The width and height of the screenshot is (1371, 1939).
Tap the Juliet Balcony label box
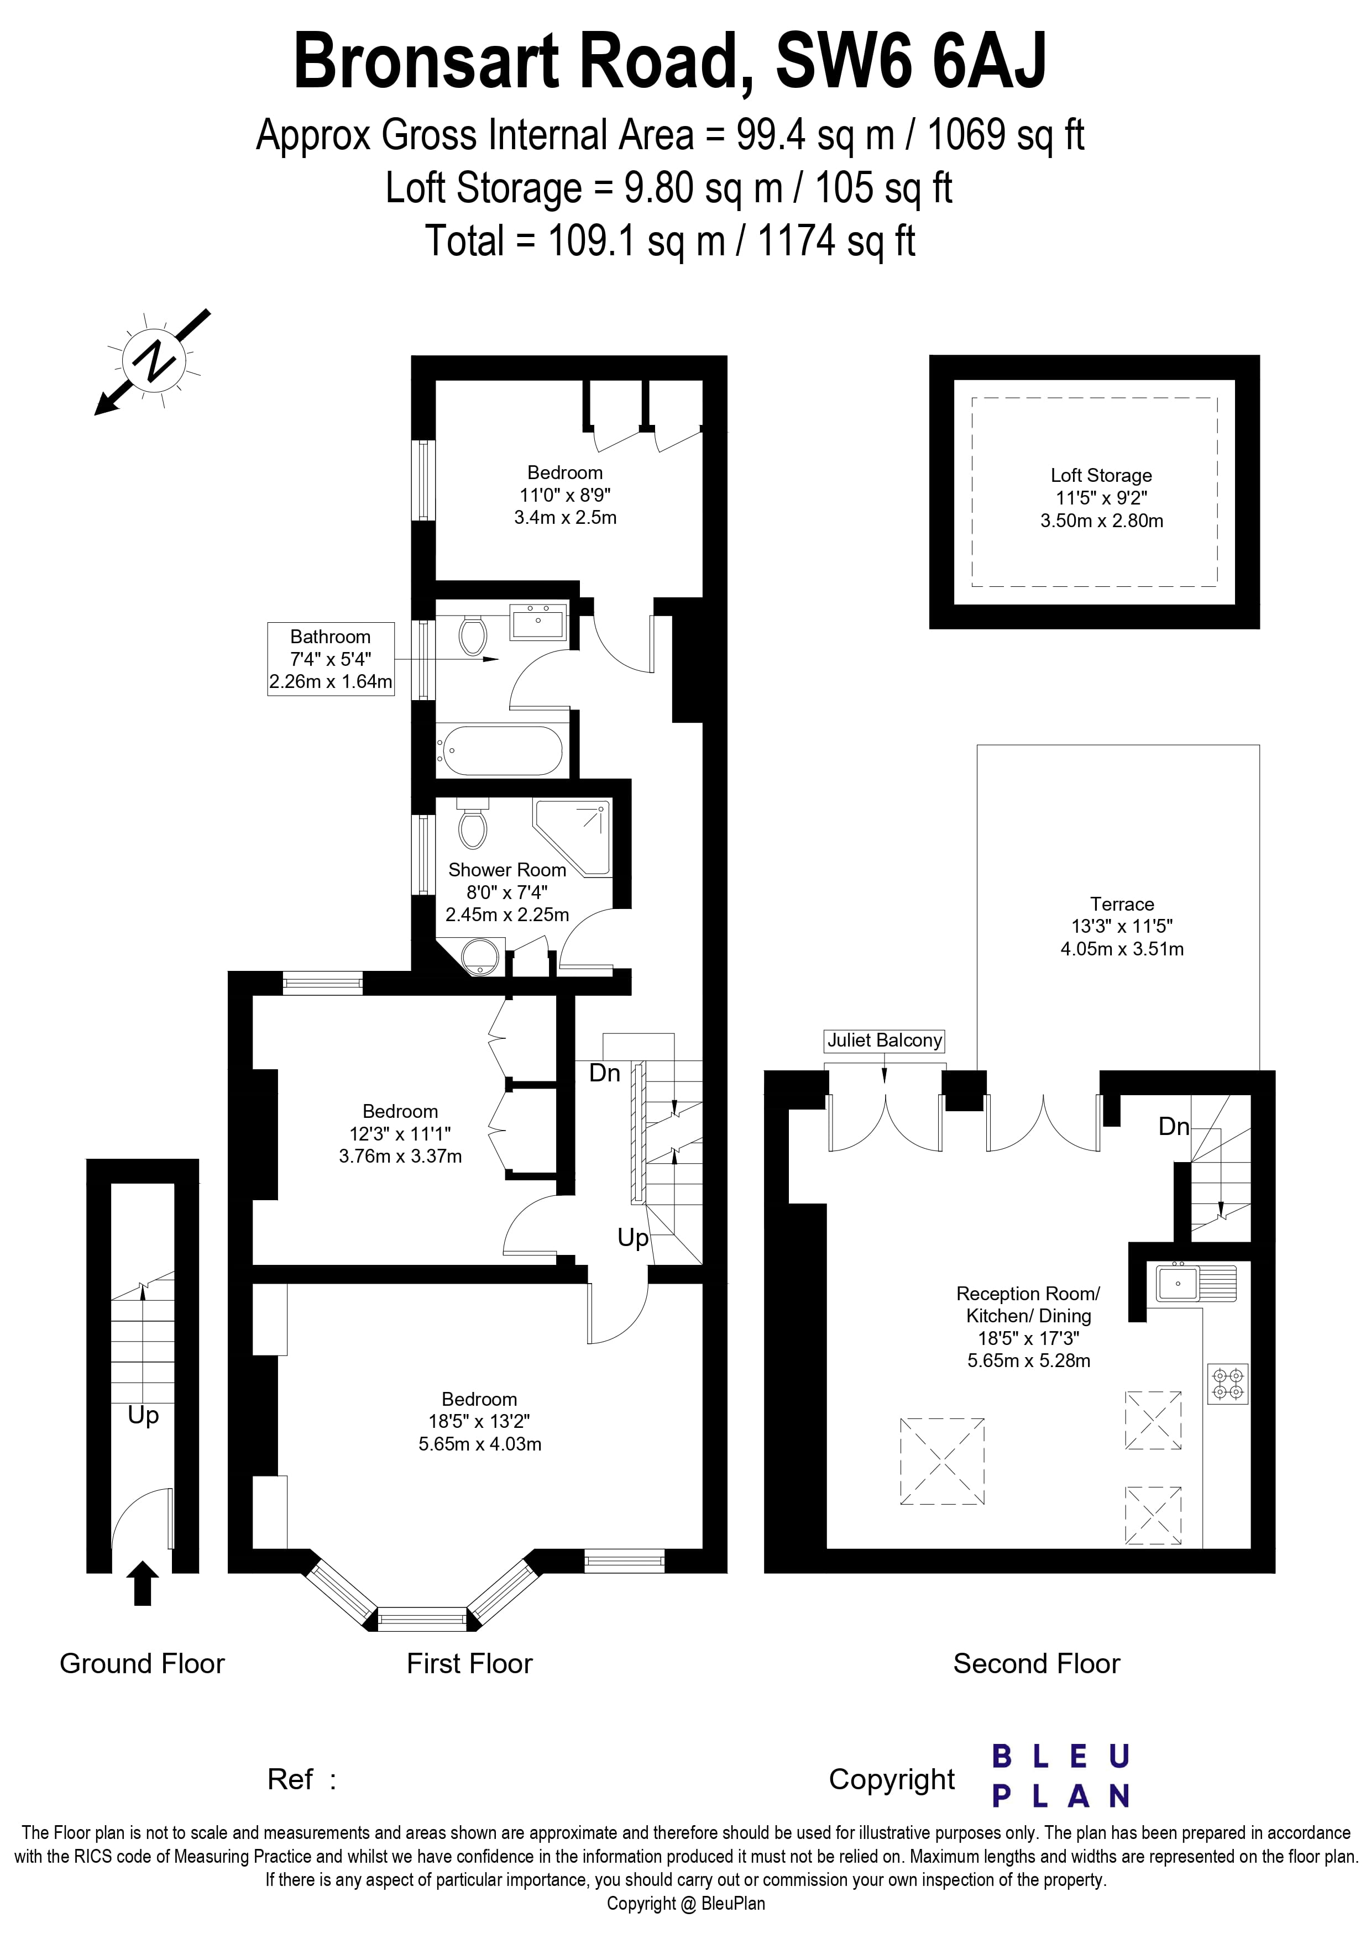coord(885,1041)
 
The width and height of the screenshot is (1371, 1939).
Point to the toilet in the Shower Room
coord(472,826)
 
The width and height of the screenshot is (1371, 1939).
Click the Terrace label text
coord(1121,903)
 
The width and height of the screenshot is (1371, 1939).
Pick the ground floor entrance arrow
coord(142,1583)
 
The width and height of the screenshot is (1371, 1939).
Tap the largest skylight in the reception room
coord(942,1461)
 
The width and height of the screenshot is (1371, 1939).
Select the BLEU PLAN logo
coord(1060,1776)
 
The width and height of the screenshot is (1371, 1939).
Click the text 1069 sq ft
coord(1005,135)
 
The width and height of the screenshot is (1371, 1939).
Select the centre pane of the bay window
coord(421,1619)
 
